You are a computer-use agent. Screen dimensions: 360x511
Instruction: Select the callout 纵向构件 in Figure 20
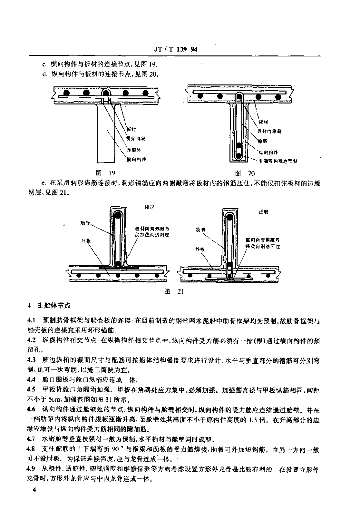coord(268,151)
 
